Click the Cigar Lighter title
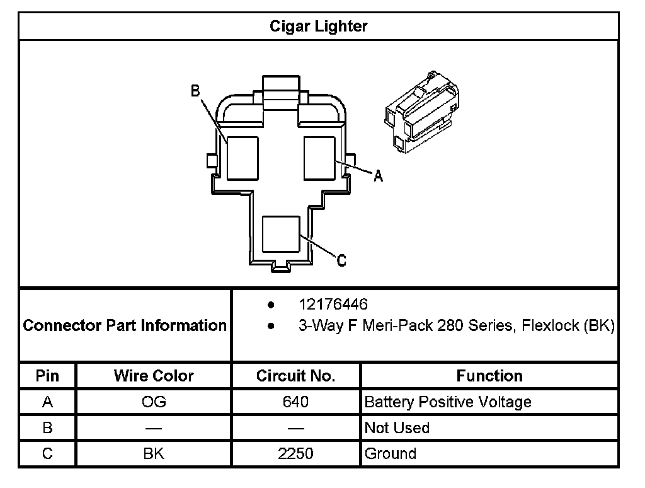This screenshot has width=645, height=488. pos(318,26)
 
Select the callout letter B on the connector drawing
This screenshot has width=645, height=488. pos(195,91)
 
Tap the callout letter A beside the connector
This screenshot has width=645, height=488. pos(378,177)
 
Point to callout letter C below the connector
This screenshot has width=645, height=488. pos(341,260)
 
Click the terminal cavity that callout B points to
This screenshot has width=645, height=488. pos(243,158)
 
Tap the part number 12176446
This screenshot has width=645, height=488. pos(333,305)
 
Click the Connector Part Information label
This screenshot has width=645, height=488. pos(125,325)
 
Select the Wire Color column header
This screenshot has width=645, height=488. pos(154,376)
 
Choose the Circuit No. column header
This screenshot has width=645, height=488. pos(295,376)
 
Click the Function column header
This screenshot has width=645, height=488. pos(489,376)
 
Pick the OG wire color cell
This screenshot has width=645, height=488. pos(154,402)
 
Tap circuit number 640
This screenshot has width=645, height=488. pos(295,402)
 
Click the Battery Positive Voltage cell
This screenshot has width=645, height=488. pos(448,402)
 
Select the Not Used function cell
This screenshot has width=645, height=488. pos(397,427)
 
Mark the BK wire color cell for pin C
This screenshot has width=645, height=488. pos(154,453)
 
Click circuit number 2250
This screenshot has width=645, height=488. pos(295,453)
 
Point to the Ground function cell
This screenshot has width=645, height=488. pos(391,453)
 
